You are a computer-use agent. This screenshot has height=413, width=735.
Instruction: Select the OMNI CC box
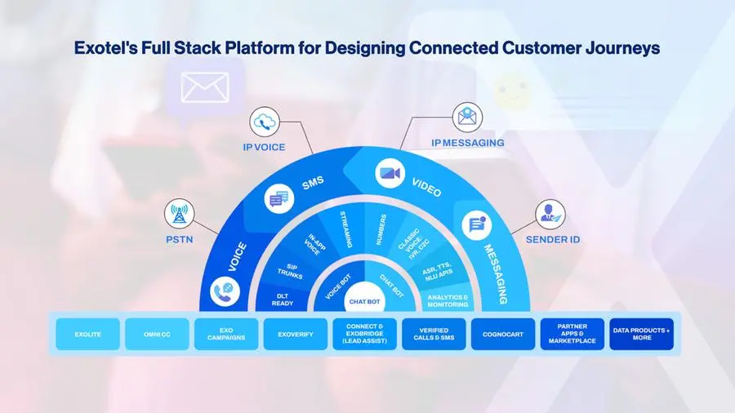(157, 335)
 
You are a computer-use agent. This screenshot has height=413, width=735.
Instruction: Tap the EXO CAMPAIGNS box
(226, 335)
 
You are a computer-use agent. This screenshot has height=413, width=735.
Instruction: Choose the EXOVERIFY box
(296, 335)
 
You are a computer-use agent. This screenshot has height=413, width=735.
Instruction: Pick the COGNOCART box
(503, 335)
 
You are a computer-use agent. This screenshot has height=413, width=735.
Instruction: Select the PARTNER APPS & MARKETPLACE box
(572, 335)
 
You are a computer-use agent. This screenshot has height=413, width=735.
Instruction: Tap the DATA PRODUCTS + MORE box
(642, 335)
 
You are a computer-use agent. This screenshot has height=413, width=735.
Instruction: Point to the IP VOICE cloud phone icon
(266, 122)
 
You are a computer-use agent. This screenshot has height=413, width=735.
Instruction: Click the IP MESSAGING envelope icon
(467, 116)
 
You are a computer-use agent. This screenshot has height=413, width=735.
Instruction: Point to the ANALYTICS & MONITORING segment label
(448, 300)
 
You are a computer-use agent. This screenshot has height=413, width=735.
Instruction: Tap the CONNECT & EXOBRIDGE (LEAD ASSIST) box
(365, 335)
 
